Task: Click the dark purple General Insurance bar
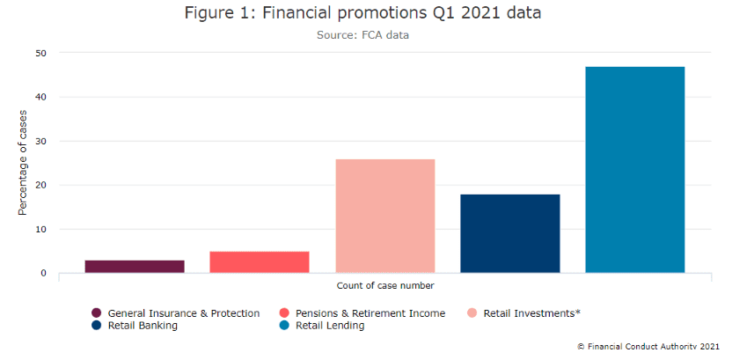point(135,266)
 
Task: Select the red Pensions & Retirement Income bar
point(260,261)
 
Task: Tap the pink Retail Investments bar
point(385,216)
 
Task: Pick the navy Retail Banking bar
point(510,233)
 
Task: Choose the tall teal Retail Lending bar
point(635,169)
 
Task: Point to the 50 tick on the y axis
point(40,53)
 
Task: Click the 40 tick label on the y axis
point(40,97)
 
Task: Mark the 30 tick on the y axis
point(40,141)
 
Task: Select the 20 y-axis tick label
point(40,185)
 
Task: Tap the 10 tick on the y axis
point(40,229)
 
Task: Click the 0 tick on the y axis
point(43,273)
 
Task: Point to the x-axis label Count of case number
point(385,285)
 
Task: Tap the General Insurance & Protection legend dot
point(97,313)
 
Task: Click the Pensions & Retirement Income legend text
point(370,313)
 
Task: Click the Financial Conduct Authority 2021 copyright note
point(649,347)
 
